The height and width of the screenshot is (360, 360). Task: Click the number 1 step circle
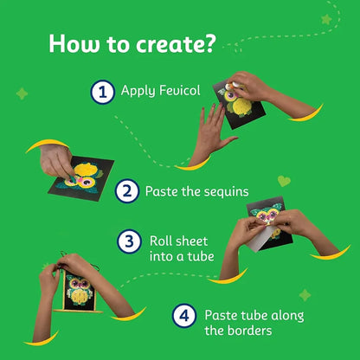click(x=103, y=92)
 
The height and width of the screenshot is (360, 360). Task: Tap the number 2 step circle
click(x=127, y=191)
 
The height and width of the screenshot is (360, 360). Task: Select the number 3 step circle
click(x=129, y=241)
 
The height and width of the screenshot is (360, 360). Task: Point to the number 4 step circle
click(x=184, y=316)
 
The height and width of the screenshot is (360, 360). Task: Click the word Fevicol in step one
click(x=180, y=90)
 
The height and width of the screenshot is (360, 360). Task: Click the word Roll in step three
click(x=158, y=241)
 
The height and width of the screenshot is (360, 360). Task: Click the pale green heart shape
click(x=284, y=181)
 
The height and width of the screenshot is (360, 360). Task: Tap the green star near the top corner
click(x=326, y=19)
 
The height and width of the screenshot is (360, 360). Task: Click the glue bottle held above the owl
click(x=233, y=86)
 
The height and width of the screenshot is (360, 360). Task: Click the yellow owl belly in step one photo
click(x=241, y=106)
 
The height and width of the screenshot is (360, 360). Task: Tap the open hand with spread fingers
click(x=213, y=131)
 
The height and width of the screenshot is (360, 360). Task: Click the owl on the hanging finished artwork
click(x=79, y=291)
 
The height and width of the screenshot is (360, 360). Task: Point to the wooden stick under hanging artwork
click(x=78, y=312)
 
